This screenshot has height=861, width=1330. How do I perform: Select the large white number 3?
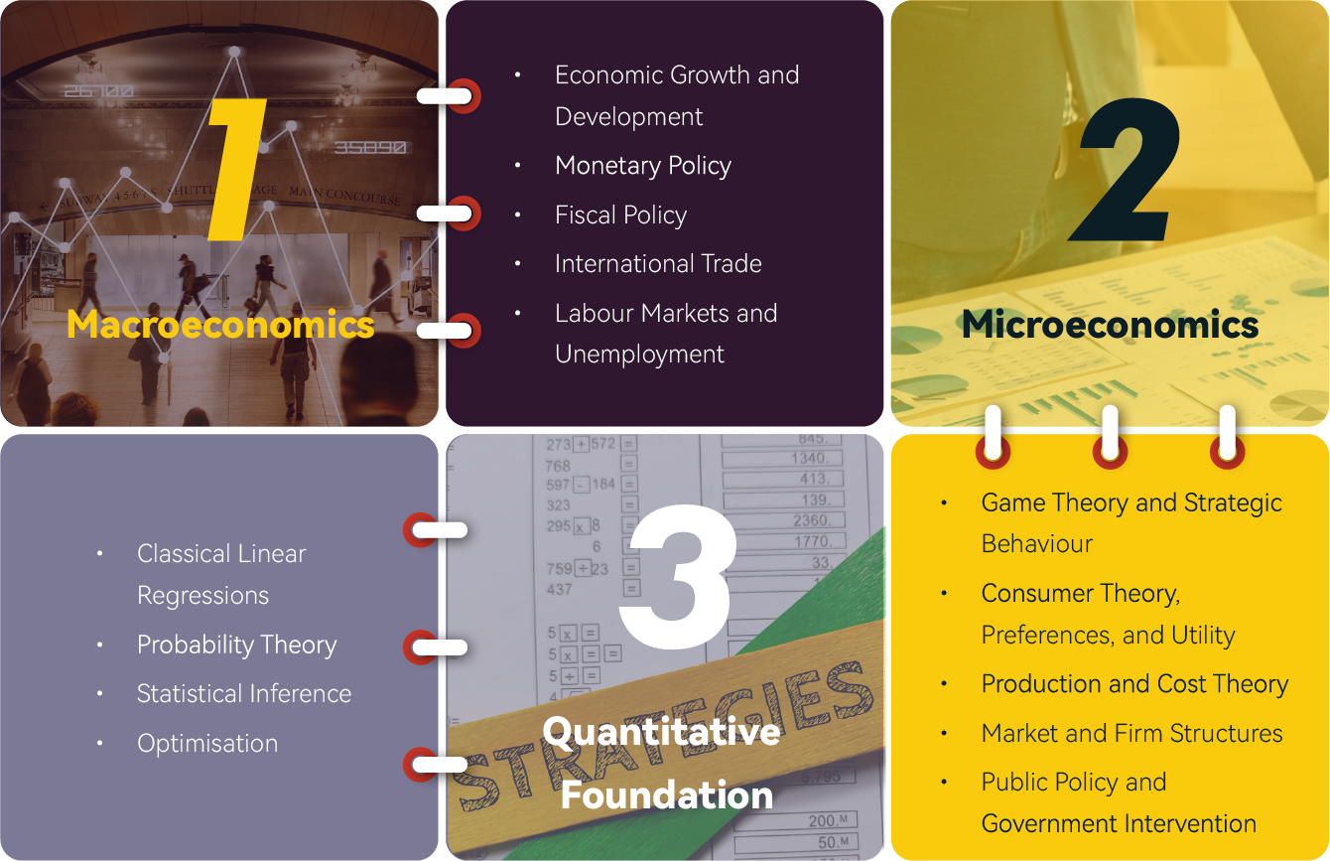(678, 575)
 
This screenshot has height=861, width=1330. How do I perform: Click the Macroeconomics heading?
(220, 325)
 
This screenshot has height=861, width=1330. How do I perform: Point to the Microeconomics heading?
(1110, 325)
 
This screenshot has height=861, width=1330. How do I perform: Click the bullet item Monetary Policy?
(643, 166)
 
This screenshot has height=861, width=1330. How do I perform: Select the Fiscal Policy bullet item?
(621, 215)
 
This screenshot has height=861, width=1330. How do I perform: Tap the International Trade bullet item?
(658, 264)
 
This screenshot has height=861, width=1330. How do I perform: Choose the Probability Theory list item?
(237, 646)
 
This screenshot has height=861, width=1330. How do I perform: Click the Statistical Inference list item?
(244, 694)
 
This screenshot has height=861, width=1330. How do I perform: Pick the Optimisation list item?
(207, 744)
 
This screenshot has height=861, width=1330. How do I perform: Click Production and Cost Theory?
(1134, 684)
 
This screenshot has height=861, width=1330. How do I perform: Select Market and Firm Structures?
(1131, 733)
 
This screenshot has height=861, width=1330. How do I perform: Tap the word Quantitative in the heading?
(661, 732)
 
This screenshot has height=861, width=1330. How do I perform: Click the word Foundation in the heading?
(667, 794)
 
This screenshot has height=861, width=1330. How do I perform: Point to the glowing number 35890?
(370, 147)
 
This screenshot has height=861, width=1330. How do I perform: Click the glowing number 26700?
(99, 91)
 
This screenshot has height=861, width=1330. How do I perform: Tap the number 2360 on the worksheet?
(812, 520)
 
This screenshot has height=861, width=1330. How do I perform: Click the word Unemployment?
(639, 355)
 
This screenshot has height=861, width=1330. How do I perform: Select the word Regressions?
(203, 596)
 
